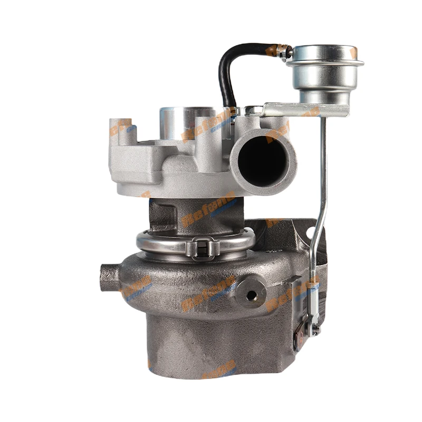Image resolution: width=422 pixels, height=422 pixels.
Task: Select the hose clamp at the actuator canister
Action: point(285,52)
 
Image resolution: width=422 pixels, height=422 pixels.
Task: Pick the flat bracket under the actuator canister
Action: point(306,110)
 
